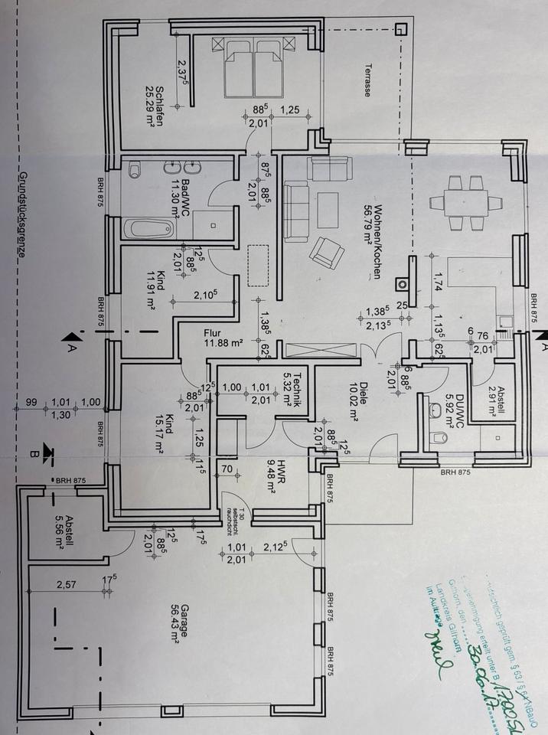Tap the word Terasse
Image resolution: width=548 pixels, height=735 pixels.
coord(367,80)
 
